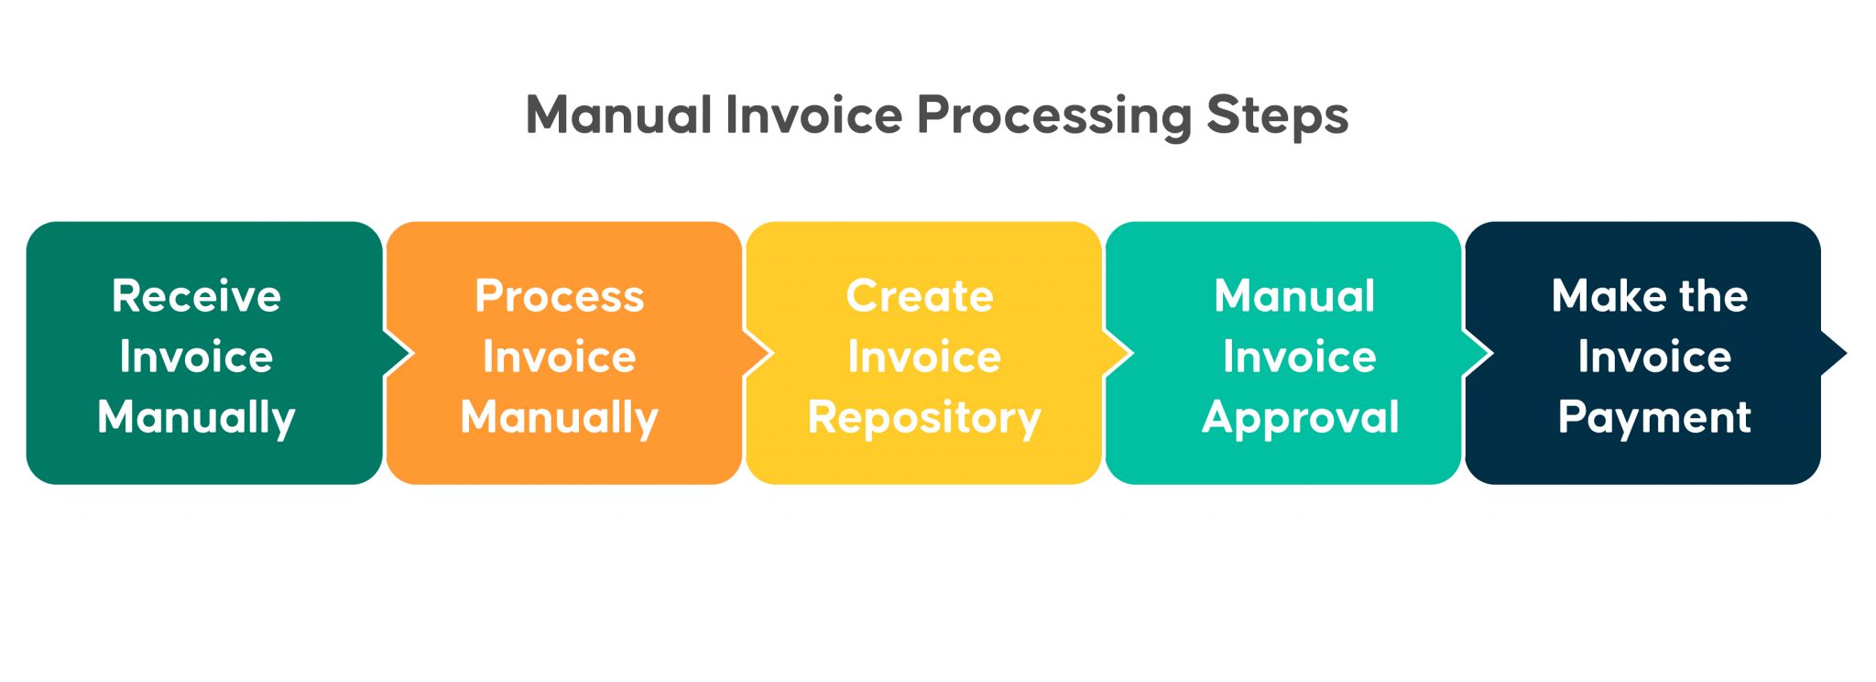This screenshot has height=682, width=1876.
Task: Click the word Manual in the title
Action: (618, 115)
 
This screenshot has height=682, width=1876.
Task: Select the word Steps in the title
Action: (1277, 115)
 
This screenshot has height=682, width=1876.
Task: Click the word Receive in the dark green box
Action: (196, 296)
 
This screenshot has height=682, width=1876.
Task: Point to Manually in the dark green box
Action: (196, 418)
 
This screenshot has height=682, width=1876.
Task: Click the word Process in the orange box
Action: (560, 296)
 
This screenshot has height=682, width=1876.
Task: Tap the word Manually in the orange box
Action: (560, 418)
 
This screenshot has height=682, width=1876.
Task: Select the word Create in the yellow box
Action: (920, 296)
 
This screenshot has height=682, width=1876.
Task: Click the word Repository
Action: (923, 418)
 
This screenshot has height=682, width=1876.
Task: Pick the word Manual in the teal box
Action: (1294, 296)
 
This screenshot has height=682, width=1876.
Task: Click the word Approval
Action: (1300, 418)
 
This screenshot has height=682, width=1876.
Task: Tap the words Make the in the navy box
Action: (1650, 296)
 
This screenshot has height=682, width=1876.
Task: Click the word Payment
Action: (1654, 418)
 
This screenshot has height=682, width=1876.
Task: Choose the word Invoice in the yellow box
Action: (923, 357)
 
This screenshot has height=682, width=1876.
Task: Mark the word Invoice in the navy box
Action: (1654, 357)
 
